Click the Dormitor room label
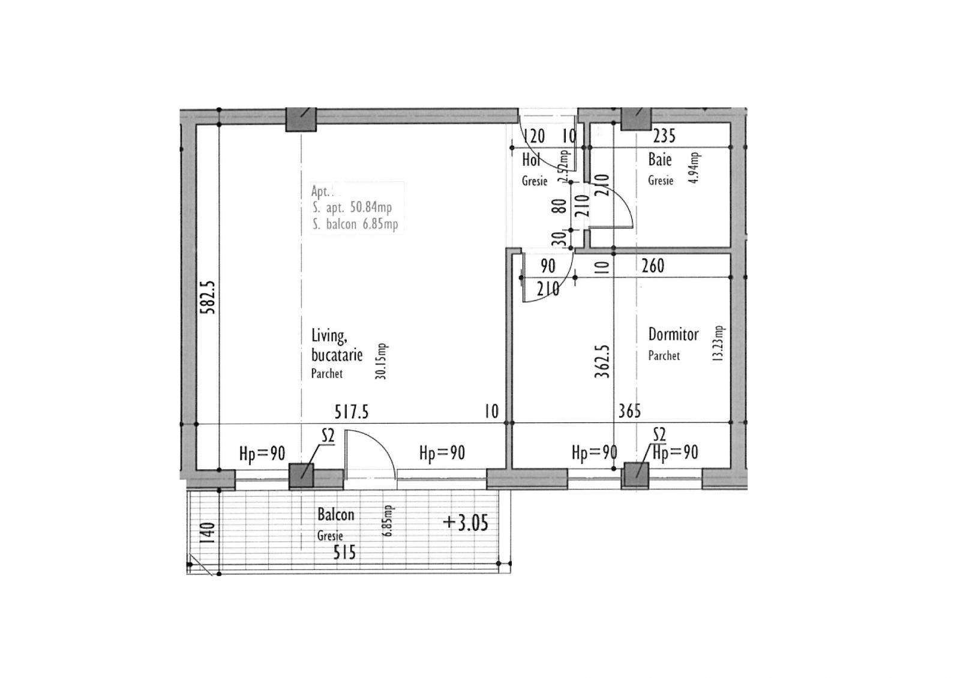(673, 334)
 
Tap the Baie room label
(659, 160)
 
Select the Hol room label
(532, 160)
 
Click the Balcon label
(335, 515)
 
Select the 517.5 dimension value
(351, 412)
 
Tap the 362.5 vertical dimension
(603, 361)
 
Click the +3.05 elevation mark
(465, 523)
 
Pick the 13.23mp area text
(719, 343)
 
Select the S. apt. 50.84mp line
(352, 208)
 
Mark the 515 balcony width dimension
(344, 551)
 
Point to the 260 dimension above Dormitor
(653, 266)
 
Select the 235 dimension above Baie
(664, 136)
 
